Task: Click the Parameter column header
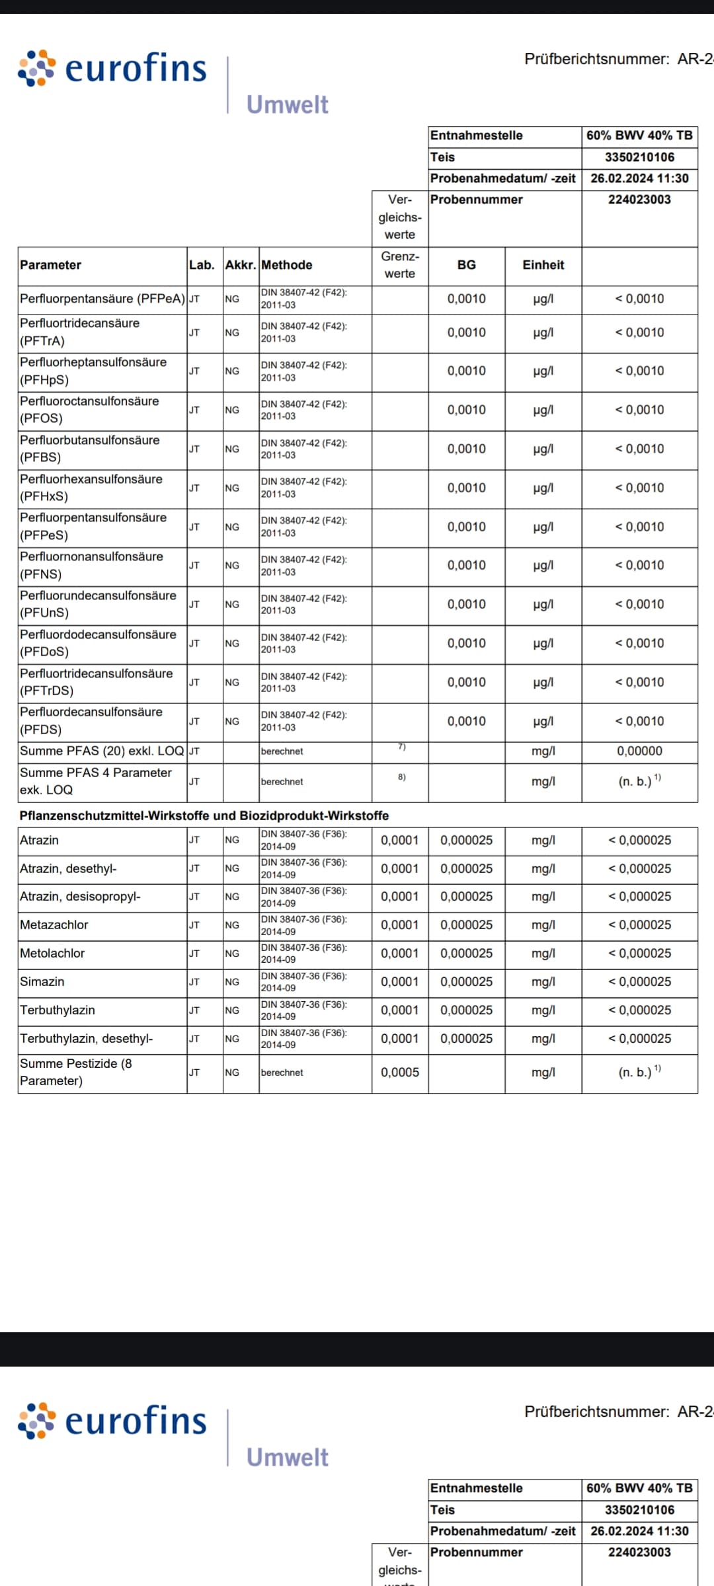[50, 265]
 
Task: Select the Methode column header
[286, 265]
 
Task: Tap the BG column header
[466, 265]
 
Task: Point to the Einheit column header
[543, 265]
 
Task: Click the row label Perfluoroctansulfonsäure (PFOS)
[89, 410]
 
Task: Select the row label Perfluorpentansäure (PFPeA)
[102, 299]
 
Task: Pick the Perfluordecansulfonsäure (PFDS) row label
[91, 721]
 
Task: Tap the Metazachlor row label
[54, 925]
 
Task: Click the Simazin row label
[42, 982]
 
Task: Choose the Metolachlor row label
[52, 954]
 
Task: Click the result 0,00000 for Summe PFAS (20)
[639, 751]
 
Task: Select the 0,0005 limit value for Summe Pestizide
[399, 1073]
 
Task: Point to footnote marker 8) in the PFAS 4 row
[401, 777]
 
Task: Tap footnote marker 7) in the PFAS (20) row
[401, 747]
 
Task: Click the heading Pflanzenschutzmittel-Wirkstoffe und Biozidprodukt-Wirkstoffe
[204, 816]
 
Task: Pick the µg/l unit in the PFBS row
[543, 449]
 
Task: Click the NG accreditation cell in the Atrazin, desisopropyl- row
[232, 897]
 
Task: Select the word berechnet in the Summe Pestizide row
[282, 1073]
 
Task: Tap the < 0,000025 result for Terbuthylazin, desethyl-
[639, 1039]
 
